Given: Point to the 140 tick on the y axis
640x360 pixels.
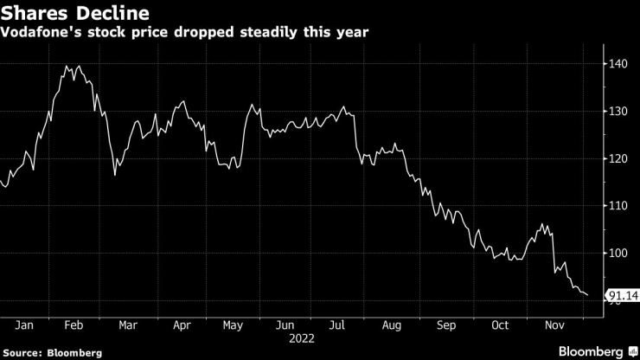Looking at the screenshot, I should coord(619,64).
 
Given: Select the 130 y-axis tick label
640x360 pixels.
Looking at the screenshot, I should coord(619,112).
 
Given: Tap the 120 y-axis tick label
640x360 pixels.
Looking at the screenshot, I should coord(619,159).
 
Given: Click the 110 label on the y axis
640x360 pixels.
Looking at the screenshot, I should coord(619,206).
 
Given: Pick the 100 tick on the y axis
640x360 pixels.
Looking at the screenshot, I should coord(619,254).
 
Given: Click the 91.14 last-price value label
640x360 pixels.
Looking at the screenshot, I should coord(623,297).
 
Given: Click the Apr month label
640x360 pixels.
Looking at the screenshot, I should coord(181,325).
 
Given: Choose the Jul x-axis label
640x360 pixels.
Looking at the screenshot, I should coord(338,325).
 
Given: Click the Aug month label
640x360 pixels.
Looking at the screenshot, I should coord(392,325).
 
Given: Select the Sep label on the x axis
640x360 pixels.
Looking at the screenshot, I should coord(445,325).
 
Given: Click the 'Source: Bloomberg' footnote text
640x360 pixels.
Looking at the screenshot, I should coord(52,352).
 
